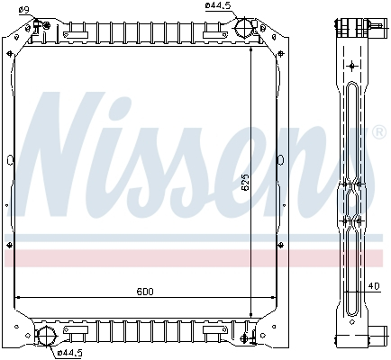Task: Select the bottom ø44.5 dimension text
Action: [70, 352]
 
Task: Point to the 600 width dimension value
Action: [145, 292]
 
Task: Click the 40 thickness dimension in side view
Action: [372, 286]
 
